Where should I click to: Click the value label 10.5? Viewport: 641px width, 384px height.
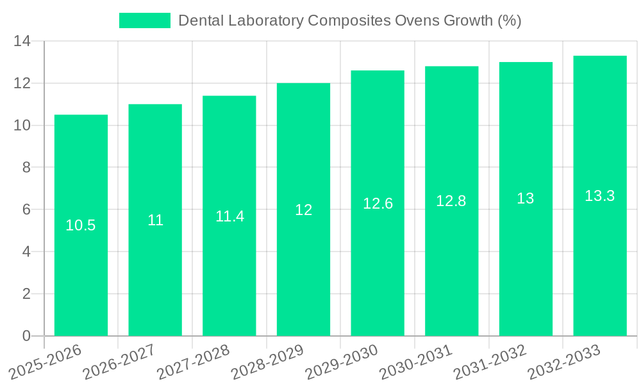[81, 225]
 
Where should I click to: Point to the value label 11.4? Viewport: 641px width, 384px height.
[229, 216]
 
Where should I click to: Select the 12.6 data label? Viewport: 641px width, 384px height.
[378, 204]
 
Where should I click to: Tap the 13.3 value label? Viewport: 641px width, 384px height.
[599, 196]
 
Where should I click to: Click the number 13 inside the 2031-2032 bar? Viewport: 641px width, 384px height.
[525, 198]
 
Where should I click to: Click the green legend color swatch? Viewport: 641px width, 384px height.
[145, 20]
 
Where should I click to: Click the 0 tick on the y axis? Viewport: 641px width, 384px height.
[26, 336]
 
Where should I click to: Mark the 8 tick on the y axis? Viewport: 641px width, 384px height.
[26, 168]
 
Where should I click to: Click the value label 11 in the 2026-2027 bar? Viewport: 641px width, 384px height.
[155, 220]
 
